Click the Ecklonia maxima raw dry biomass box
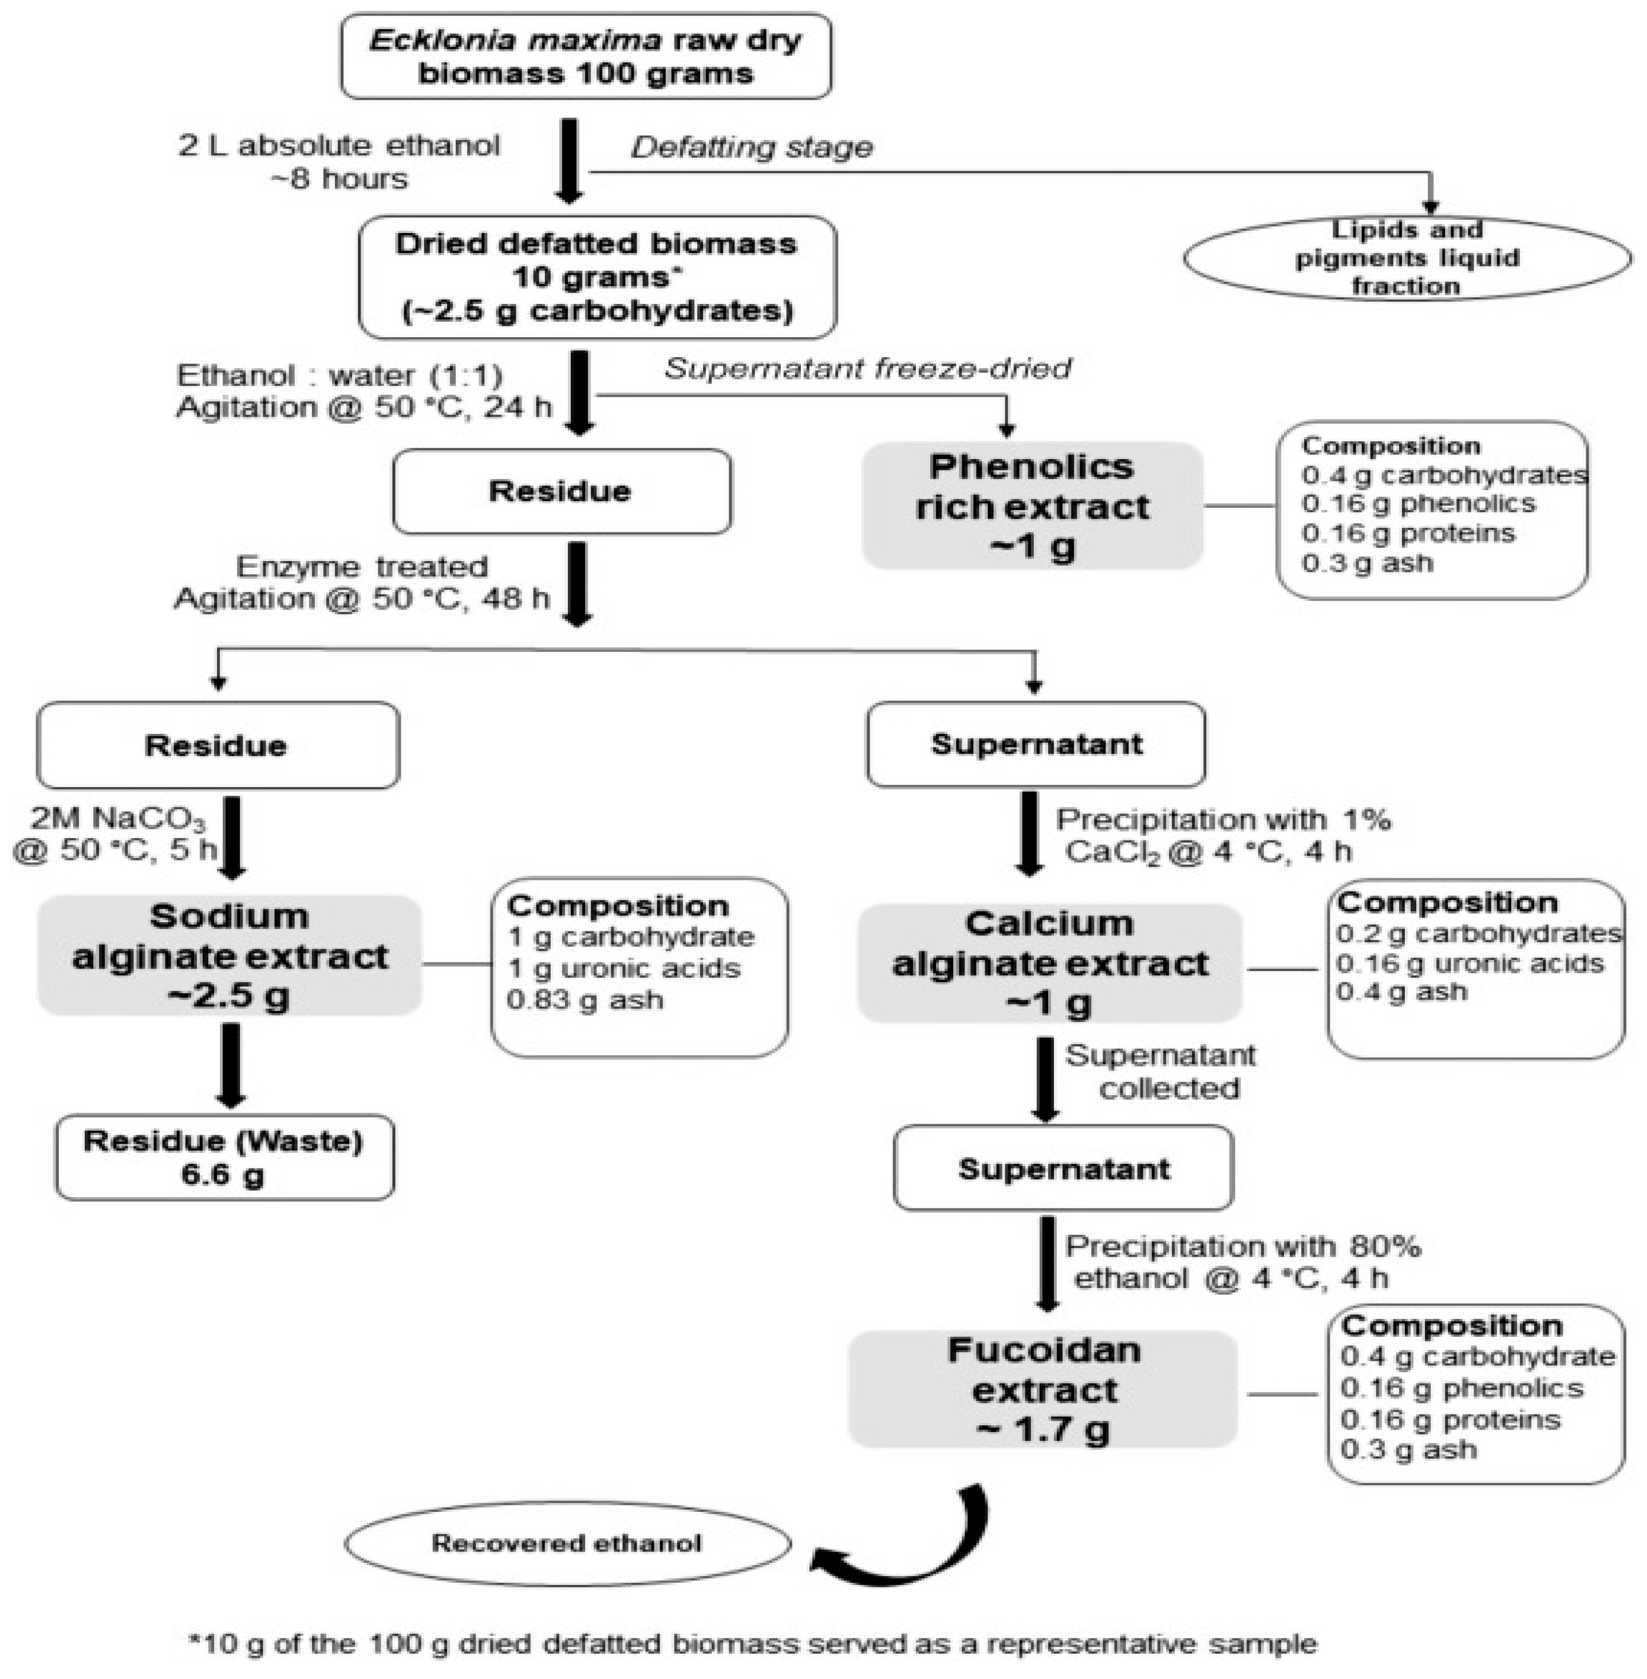586,56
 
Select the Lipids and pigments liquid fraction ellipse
1407,258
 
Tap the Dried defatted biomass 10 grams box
597,277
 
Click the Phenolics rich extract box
1032,506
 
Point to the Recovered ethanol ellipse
567,1543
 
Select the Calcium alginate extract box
1049,963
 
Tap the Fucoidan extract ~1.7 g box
1043,1389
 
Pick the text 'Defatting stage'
752,147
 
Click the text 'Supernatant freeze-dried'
868,369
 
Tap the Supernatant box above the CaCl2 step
1036,744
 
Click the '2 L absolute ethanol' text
339,145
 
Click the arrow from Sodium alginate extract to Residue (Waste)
231,1066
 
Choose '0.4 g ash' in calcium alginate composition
1401,991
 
